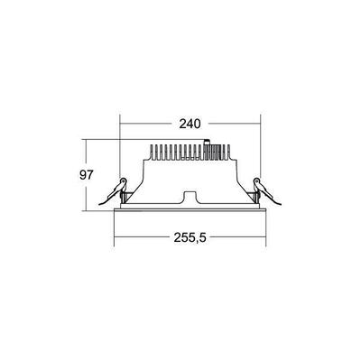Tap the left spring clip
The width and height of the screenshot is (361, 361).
pos(119,190)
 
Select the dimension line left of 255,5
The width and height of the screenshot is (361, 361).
pos(135,238)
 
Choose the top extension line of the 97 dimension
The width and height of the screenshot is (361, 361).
pos(104,139)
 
